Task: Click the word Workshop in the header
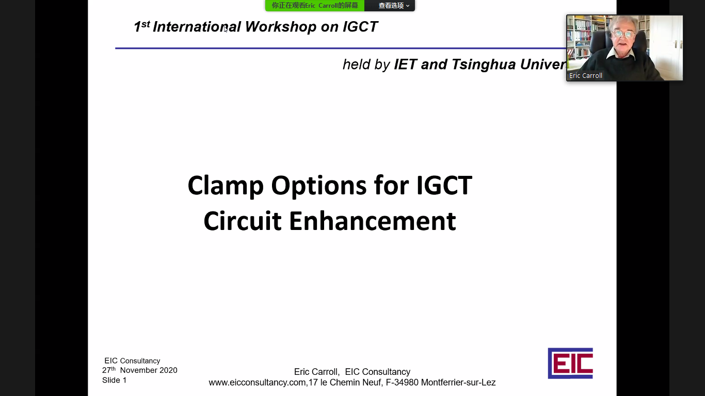(x=280, y=27)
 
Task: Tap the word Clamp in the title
(x=226, y=186)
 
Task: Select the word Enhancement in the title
(x=372, y=221)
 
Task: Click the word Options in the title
(x=318, y=186)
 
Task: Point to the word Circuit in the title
(x=243, y=221)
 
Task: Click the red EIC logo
(x=570, y=364)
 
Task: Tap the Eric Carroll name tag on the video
(x=585, y=76)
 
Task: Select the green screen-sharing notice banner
(x=315, y=5)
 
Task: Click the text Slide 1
(x=114, y=380)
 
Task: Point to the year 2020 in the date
(x=168, y=370)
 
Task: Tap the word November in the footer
(x=138, y=370)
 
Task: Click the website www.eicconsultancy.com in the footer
(x=257, y=383)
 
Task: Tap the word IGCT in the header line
(x=360, y=27)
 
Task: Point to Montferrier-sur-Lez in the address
(x=458, y=383)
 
